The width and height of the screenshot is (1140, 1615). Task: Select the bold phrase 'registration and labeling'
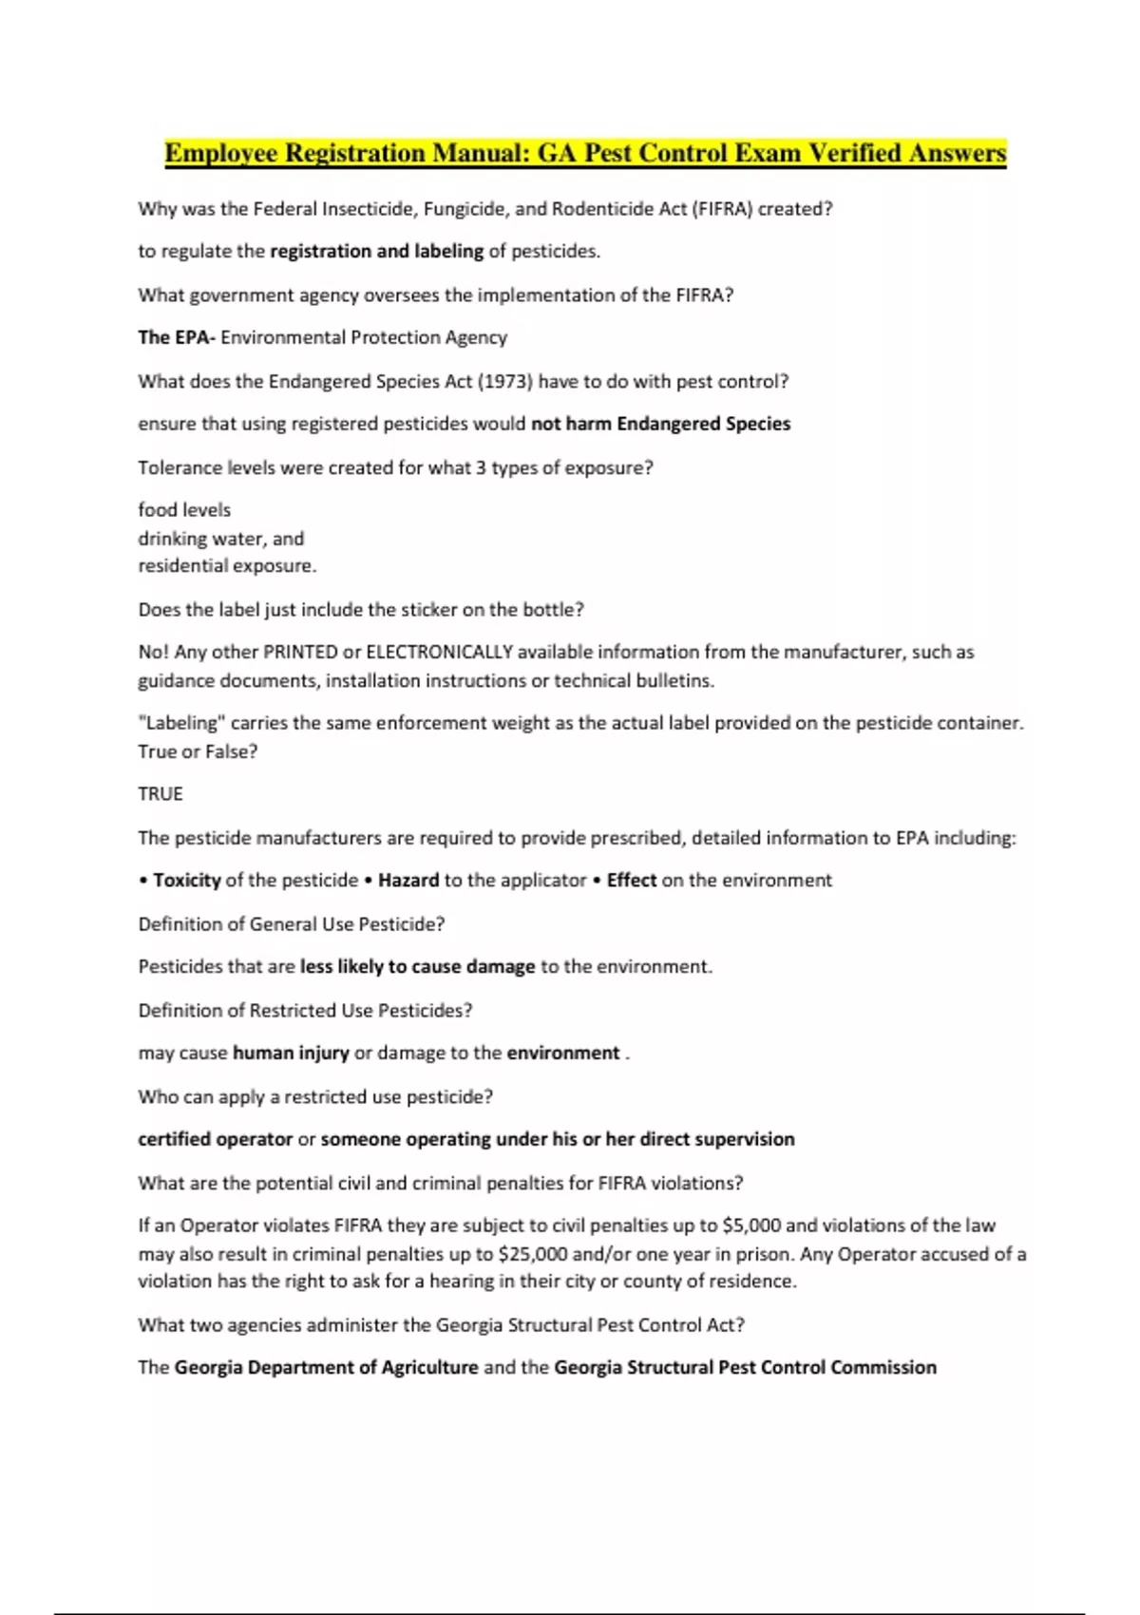tap(377, 252)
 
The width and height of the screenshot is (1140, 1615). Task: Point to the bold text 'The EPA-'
tap(177, 337)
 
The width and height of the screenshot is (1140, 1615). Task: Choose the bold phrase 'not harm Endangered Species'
tap(660, 424)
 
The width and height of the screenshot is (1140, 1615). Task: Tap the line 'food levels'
tap(184, 510)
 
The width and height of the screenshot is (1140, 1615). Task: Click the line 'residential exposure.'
tap(227, 566)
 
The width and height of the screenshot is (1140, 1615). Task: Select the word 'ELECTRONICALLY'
tap(439, 653)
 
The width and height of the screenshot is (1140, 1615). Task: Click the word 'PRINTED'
tap(300, 653)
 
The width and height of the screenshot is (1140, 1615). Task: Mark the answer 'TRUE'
tap(161, 794)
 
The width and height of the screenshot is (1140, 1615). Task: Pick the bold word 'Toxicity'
tap(187, 881)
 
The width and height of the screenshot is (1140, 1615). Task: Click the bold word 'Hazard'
tap(408, 881)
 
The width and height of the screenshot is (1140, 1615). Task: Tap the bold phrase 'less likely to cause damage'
tap(418, 967)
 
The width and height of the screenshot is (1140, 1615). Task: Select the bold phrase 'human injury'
tap(291, 1054)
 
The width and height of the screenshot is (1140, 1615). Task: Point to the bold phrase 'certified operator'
tap(216, 1139)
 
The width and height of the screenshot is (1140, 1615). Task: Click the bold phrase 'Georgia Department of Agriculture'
tap(326, 1367)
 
